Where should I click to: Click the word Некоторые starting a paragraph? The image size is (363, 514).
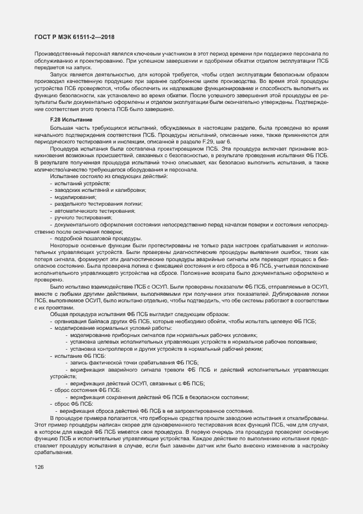[64, 245]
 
